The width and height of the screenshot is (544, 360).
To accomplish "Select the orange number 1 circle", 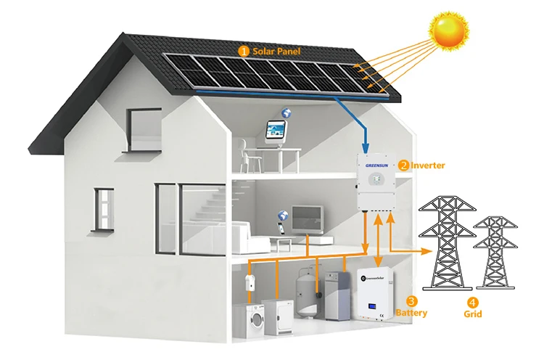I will tap(244, 52).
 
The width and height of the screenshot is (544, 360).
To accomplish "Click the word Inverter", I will tap(428, 165).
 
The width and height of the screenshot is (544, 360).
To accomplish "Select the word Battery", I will tap(411, 314).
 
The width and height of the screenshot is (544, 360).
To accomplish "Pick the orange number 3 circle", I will tap(411, 301).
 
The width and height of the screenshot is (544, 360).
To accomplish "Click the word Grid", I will tap(472, 314).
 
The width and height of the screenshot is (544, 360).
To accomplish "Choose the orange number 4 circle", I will tap(472, 302).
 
